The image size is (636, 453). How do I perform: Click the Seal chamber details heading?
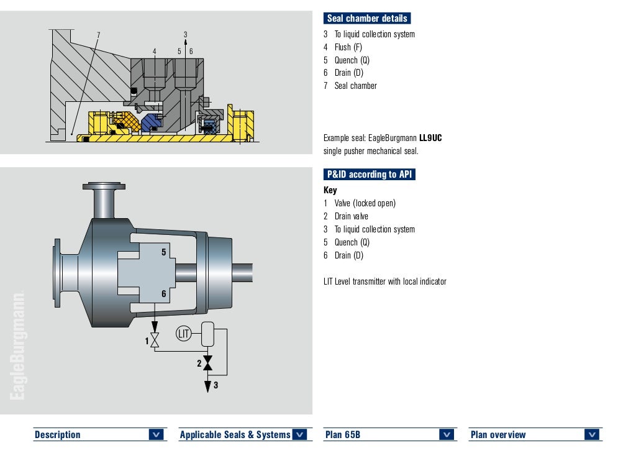(x=367, y=19)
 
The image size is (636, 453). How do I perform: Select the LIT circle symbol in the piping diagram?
(x=183, y=334)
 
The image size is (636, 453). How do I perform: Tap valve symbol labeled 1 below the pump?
(x=155, y=341)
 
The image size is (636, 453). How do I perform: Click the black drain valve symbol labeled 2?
(x=208, y=364)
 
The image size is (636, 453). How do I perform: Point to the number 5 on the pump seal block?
(x=164, y=252)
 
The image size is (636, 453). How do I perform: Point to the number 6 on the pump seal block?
(x=164, y=294)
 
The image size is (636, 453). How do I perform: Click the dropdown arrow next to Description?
(x=157, y=434)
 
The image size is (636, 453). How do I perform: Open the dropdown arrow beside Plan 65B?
(x=447, y=434)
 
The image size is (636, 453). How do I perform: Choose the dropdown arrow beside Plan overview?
(x=593, y=434)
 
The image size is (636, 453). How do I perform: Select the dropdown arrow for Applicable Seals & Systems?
(x=300, y=434)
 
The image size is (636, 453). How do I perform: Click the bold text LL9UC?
(x=430, y=138)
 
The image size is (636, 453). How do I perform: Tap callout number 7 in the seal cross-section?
(x=98, y=35)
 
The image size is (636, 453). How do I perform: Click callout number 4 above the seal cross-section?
(x=155, y=51)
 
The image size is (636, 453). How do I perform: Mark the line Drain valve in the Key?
(x=351, y=216)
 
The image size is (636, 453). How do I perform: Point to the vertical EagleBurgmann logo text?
(x=18, y=345)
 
